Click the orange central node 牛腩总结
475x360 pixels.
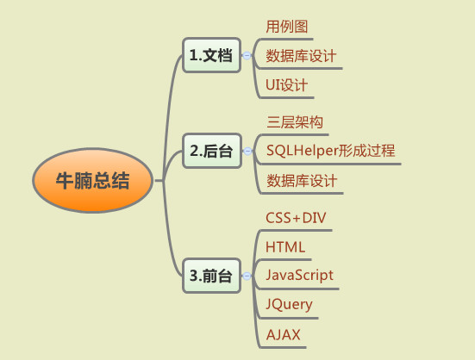tap(92, 180)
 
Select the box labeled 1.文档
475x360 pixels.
tap(211, 55)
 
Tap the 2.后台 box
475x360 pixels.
tap(212, 151)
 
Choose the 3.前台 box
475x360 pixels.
tap(211, 276)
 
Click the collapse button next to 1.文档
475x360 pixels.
tap(247, 56)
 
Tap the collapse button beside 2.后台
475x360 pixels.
tap(247, 151)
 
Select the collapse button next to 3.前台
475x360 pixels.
tap(247, 276)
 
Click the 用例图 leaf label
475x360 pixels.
tap(286, 27)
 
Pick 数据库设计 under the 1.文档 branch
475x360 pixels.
tap(301, 56)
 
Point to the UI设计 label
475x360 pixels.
tap(286, 85)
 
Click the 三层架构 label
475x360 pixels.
tap(295, 122)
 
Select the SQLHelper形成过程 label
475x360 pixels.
tap(330, 151)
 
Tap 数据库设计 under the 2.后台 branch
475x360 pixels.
tap(302, 181)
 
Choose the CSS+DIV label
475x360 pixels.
tap(296, 218)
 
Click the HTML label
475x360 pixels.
tap(285, 247)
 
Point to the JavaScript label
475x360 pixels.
tap(299, 276)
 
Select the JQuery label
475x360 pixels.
tap(289, 304)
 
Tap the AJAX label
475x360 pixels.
tap(284, 335)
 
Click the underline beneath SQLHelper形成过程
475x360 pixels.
tap(330, 164)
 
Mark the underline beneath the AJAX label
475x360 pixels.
tap(284, 347)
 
